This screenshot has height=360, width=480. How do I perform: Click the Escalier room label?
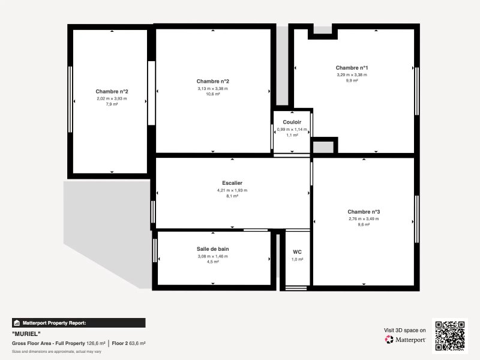click(232, 183)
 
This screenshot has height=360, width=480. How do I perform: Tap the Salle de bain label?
click(213, 249)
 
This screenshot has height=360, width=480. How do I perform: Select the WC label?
click(297, 252)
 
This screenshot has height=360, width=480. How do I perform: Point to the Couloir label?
click(292, 122)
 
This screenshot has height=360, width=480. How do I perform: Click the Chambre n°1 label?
click(352, 68)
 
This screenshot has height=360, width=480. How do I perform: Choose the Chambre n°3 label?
click(364, 212)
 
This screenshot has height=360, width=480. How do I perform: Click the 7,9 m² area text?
click(112, 104)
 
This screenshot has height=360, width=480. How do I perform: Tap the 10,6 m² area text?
click(213, 94)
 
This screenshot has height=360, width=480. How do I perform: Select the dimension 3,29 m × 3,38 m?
click(352, 74)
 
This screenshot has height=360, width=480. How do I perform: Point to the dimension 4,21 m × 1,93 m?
click(232, 190)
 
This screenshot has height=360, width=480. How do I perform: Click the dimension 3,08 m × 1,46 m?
click(213, 256)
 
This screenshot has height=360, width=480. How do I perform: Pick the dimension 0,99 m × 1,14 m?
click(292, 130)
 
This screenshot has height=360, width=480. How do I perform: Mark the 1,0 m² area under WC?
click(297, 259)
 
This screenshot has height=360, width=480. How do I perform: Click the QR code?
click(449, 336)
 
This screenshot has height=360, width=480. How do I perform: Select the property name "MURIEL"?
click(26, 334)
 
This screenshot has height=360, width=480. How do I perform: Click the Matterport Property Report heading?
click(54, 323)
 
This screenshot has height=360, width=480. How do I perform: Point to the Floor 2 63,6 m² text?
click(128, 343)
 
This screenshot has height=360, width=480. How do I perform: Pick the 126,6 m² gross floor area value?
click(96, 343)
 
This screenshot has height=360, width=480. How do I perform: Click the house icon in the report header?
click(17, 323)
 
